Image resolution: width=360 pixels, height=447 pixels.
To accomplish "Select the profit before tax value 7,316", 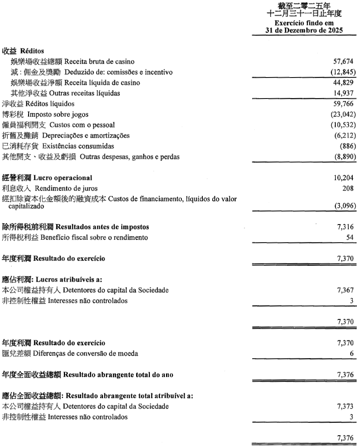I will pyautogui.click(x=346, y=228).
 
